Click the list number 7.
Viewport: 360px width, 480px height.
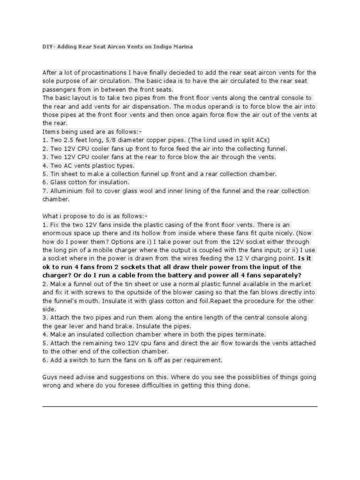pyautogui.click(x=44, y=191)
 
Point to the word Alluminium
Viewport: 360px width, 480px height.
pyautogui.click(x=65, y=191)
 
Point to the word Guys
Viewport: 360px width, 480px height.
pyautogui.click(x=50, y=377)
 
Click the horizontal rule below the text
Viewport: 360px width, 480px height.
pyautogui.click(x=180, y=406)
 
